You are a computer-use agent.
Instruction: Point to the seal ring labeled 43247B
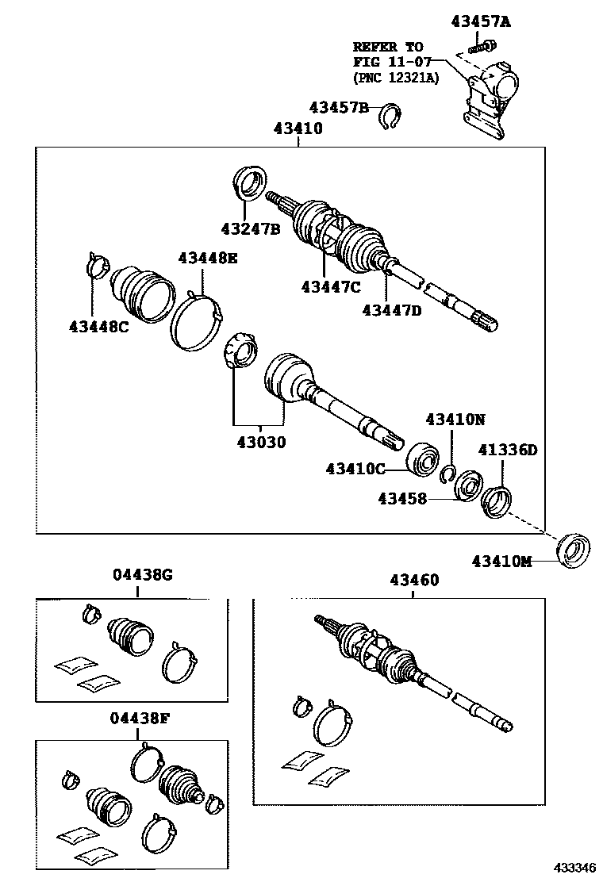click(251, 184)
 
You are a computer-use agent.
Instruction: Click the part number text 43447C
click(331, 286)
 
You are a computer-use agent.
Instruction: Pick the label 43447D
click(392, 310)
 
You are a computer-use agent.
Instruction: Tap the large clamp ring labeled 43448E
click(196, 320)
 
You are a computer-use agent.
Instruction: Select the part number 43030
click(259, 442)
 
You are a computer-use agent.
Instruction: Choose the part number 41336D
click(507, 451)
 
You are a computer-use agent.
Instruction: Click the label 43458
click(401, 499)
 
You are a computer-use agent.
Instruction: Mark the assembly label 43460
click(413, 581)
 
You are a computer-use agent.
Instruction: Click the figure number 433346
click(570, 869)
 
